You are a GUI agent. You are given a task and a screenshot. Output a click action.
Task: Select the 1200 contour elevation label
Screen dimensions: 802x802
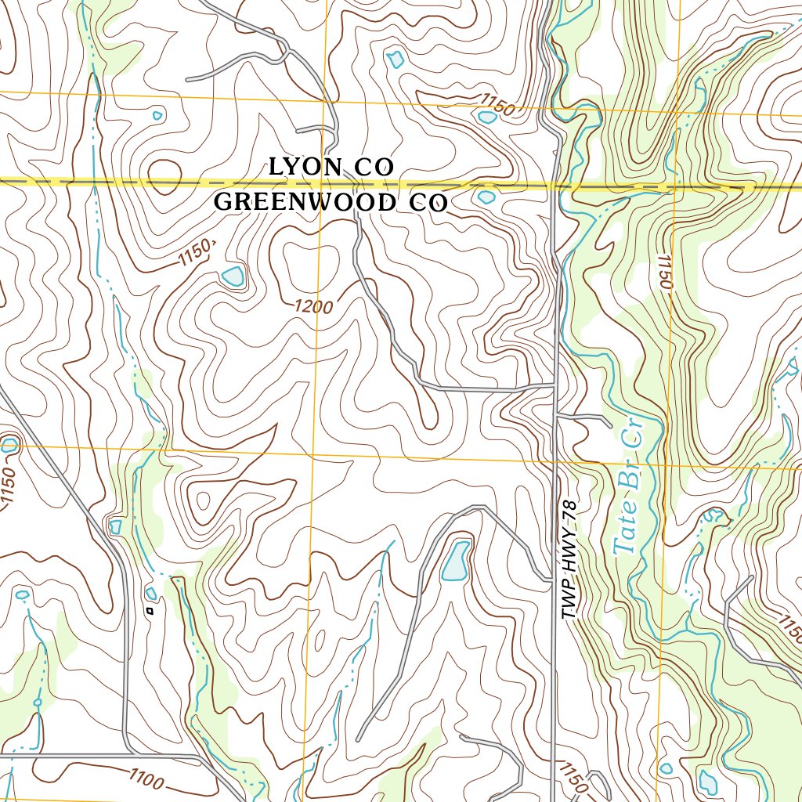(x=314, y=307)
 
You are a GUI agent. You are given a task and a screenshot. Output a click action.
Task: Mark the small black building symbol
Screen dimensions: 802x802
(x=150, y=610)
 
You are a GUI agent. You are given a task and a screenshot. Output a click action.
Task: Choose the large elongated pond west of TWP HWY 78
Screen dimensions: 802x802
(x=455, y=561)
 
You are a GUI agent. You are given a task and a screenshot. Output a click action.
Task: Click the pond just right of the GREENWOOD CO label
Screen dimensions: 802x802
(x=486, y=197)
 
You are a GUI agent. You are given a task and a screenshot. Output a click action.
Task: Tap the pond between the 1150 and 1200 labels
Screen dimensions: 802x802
(x=233, y=276)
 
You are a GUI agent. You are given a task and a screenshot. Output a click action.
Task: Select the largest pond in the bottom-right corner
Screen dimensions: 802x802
(x=707, y=781)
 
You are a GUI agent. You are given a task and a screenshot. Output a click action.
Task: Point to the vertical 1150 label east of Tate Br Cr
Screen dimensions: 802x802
(x=665, y=272)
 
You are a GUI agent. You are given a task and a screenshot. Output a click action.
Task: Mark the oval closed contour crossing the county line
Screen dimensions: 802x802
(x=163, y=174)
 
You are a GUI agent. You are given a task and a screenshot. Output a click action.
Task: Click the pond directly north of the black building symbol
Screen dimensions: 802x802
(x=150, y=593)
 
